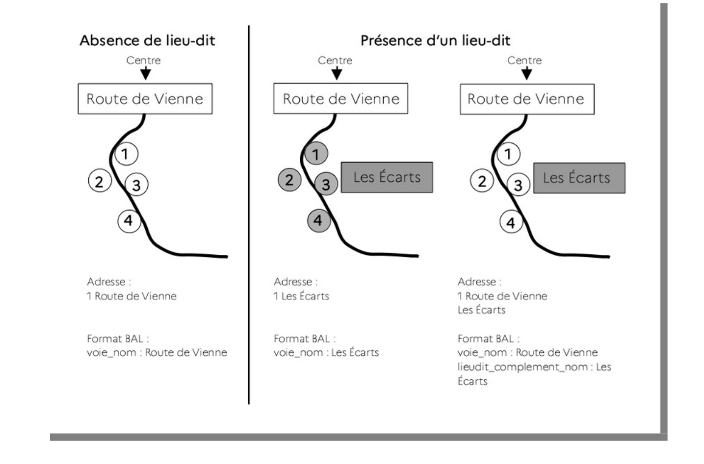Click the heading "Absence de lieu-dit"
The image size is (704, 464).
click(147, 40)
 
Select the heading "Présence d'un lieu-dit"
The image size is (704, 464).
click(435, 40)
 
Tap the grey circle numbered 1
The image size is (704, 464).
click(316, 154)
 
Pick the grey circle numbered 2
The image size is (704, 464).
click(290, 180)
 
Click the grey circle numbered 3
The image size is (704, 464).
click(326, 184)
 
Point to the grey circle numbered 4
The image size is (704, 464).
click(318, 220)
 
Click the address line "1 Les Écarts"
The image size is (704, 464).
click(301, 296)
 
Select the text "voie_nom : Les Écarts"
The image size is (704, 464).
click(326, 352)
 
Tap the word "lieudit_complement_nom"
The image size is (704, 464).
click(522, 367)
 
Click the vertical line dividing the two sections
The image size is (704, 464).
click(249, 214)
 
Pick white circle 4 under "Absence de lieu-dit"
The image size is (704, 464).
click(129, 221)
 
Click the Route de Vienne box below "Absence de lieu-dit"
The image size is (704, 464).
click(145, 99)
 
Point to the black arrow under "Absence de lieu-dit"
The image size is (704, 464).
click(145, 74)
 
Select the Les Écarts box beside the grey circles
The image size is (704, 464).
click(387, 177)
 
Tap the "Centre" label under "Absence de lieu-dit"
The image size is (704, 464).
click(143, 60)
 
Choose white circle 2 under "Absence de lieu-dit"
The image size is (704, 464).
click(99, 181)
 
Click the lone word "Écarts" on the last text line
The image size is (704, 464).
click(472, 381)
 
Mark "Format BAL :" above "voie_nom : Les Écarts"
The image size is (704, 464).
click(304, 338)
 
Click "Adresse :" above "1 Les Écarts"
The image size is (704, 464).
click(295, 282)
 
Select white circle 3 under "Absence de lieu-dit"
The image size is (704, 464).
click(137, 185)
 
